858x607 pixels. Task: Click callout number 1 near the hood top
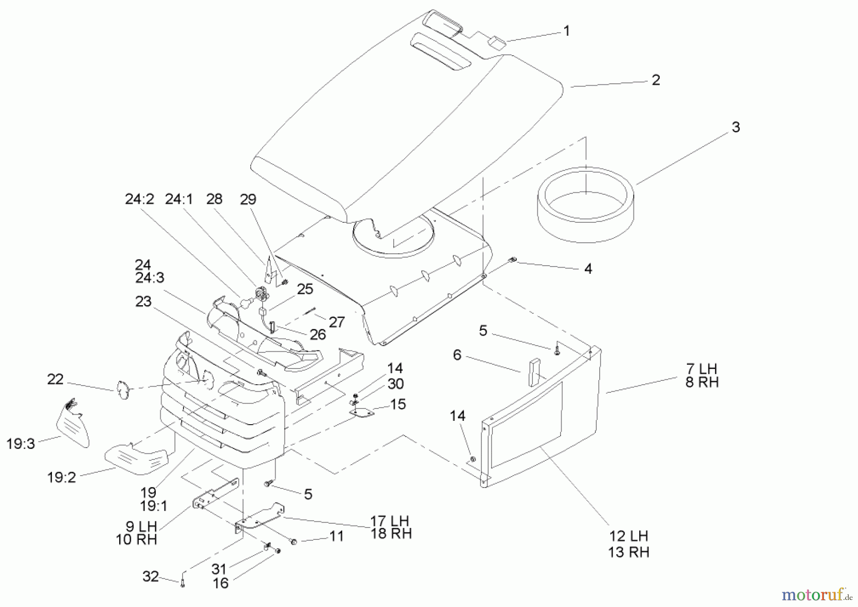[566, 31]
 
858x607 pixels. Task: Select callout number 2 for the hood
[655, 80]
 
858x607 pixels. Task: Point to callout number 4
[588, 269]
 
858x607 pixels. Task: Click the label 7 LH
[701, 369]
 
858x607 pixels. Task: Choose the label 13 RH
[628, 552]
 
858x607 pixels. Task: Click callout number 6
[457, 355]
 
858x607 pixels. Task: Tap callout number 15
[398, 404]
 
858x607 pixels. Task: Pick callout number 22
[55, 379]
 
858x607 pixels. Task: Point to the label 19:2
[61, 477]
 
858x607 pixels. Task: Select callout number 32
[150, 577]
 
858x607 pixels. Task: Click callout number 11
[337, 537]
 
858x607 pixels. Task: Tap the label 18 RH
[391, 534]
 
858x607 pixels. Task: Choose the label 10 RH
[136, 540]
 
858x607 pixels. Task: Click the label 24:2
[139, 199]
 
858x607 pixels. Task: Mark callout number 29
[248, 199]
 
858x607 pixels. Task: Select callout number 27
[337, 322]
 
